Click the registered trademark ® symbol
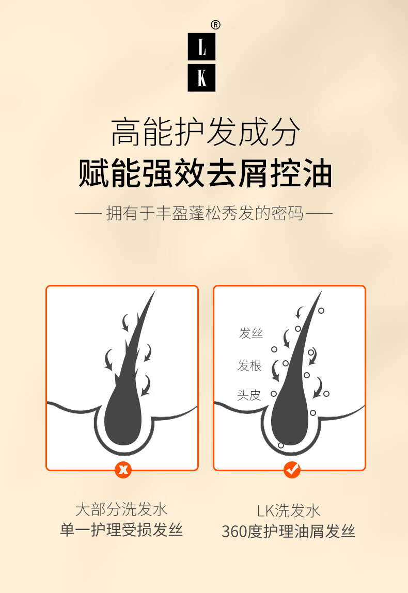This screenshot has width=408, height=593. coord(215,25)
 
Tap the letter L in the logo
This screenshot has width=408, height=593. coord(202,47)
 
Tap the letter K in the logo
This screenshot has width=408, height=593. coord(202,78)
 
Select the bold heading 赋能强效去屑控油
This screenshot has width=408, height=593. coord(205,174)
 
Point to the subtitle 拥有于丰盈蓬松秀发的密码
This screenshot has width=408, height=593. coord(205,213)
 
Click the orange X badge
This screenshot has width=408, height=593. coord(123,470)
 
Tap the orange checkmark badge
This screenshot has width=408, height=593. coord(292,470)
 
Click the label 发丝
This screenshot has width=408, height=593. coord(250,333)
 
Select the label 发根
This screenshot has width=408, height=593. coord(249,366)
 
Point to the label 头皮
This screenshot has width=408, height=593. coord(249,395)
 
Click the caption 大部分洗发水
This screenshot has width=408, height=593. coord(121,509)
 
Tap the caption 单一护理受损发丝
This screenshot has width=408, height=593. coord(121,530)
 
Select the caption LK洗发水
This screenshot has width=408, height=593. coord(288,511)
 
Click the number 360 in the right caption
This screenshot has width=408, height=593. coord(234,532)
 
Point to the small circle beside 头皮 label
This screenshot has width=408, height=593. coord(274,394)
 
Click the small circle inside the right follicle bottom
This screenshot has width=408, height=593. coord(281,445)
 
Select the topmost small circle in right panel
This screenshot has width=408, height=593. coord(321,311)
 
